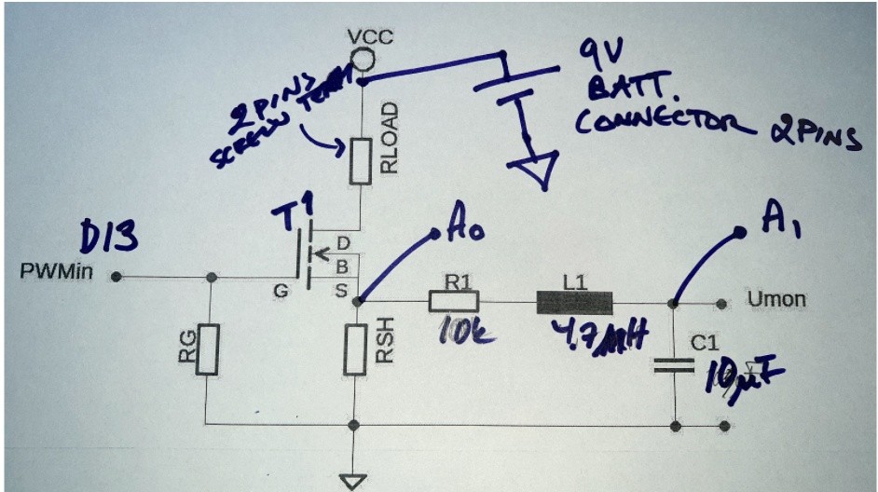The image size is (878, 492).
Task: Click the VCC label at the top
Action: point(370,37)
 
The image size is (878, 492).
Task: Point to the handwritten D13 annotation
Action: point(110,239)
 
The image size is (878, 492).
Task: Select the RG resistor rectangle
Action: point(211,349)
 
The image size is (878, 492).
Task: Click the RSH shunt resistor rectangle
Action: point(354,348)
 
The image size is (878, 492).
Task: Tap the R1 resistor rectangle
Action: point(454,301)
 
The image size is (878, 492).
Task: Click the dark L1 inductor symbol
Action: point(574,302)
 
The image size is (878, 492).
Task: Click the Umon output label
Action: point(775,300)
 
